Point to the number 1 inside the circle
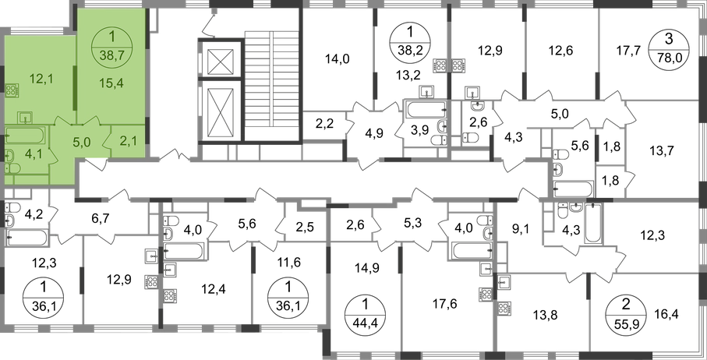115,36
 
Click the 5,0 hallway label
81,143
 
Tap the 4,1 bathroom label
33,154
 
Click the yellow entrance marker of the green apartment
97,162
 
